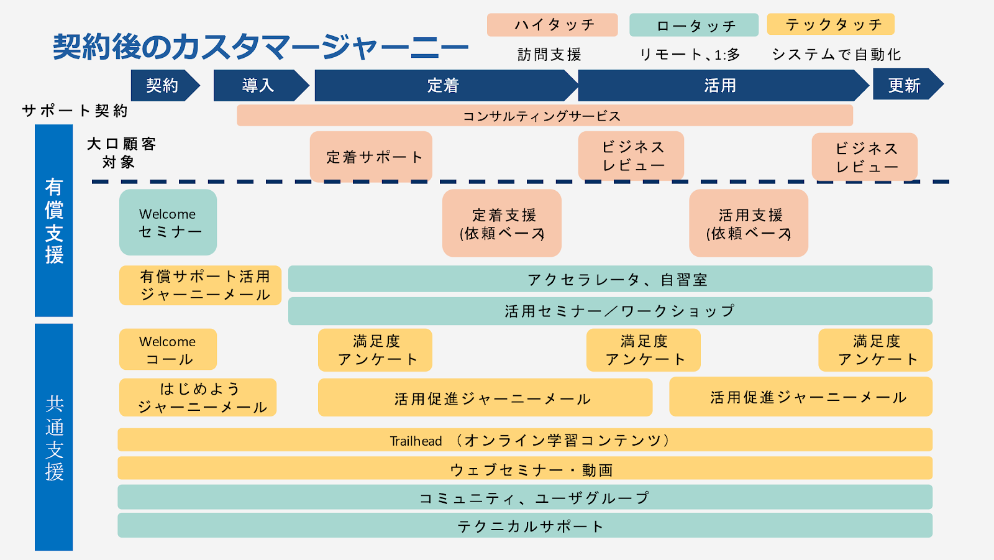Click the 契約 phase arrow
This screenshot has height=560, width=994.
(163, 85)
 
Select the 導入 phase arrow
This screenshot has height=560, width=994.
(258, 85)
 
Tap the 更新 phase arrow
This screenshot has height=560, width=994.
(905, 85)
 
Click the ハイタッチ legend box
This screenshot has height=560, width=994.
(552, 25)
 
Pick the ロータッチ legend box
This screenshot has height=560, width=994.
(694, 25)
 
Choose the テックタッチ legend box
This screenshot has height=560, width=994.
(831, 24)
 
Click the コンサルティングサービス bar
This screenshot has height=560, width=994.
(544, 116)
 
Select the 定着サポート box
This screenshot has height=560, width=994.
(372, 157)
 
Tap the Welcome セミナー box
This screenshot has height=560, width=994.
(168, 223)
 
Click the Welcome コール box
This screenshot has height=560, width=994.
(168, 350)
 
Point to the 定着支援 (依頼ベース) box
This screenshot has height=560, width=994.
(502, 224)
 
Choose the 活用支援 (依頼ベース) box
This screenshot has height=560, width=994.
(749, 224)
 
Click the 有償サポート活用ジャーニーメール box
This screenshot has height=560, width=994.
(201, 285)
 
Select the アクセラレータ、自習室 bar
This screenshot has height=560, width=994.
(610, 279)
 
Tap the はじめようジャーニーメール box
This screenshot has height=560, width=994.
(198, 398)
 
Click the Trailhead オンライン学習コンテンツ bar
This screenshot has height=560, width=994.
(525, 440)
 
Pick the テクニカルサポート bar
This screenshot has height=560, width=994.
(525, 526)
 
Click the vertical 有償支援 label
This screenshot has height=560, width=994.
(54, 221)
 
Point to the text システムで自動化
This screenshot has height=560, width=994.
(836, 55)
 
